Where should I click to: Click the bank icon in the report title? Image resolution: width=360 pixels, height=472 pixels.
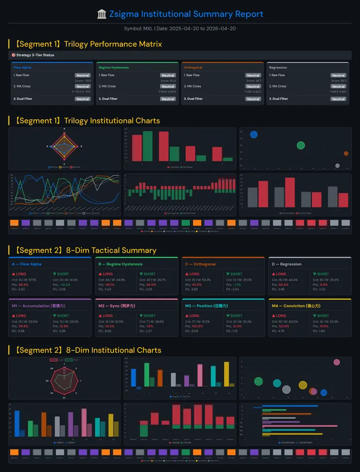pos(102,14)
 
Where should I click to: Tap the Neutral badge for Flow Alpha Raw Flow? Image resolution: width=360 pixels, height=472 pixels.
pos(83,75)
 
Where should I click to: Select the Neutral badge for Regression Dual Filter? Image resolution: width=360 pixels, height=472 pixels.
pos(338,99)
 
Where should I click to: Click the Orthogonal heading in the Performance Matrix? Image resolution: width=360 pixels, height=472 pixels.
pos(193,68)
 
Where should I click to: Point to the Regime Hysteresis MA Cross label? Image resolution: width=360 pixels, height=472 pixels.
pos(107,86)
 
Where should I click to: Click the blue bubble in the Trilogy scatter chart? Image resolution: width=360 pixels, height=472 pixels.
pos(253,134)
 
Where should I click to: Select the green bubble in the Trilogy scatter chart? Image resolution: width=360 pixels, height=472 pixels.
pos(301,145)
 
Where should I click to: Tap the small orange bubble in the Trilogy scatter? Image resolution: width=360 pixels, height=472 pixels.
pos(346,154)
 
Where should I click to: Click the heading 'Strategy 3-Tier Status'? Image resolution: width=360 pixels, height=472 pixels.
pos(35,55)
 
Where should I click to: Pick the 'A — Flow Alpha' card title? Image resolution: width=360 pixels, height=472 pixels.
pos(27,264)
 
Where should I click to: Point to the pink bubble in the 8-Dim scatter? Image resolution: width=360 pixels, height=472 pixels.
pos(337,362)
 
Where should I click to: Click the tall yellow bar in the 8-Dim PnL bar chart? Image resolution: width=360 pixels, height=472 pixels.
pos(226,374)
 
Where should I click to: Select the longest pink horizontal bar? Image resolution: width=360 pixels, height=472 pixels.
pos(300,426)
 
